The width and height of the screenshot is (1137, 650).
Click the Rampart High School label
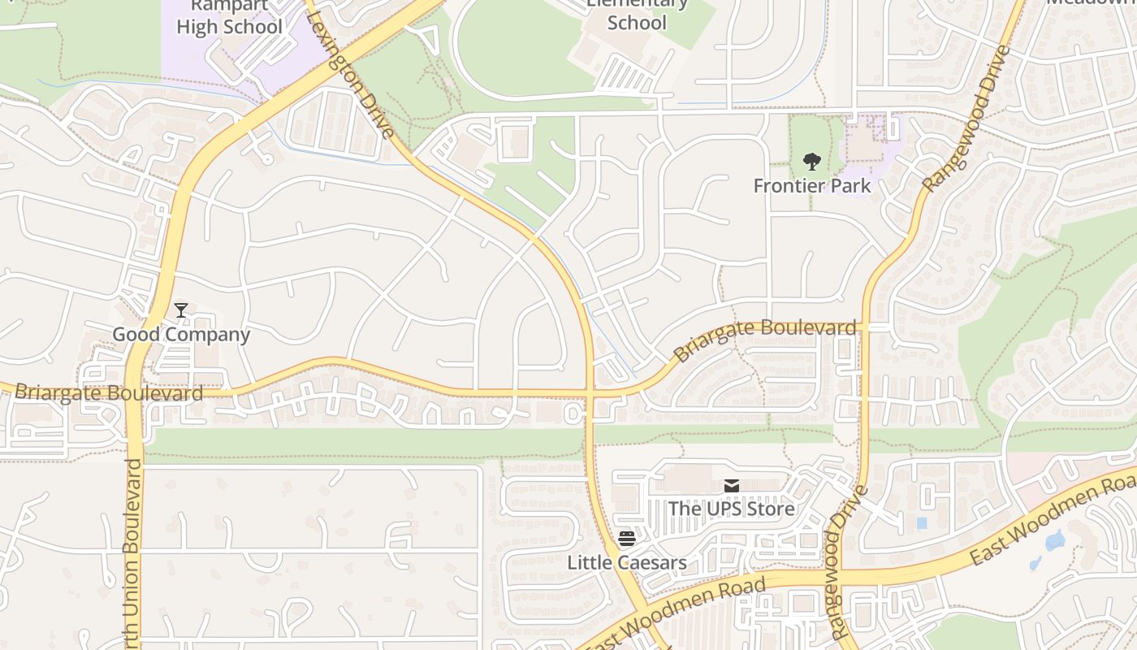pyautogui.click(x=229, y=18)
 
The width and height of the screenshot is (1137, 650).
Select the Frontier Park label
pyautogui.click(x=811, y=185)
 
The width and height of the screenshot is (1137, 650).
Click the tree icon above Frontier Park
pyautogui.click(x=811, y=161)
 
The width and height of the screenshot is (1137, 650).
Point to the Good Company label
pyautogui.click(x=181, y=334)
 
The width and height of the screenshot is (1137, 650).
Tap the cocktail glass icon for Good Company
pyautogui.click(x=181, y=310)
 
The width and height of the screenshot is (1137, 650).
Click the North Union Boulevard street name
pyautogui.click(x=133, y=552)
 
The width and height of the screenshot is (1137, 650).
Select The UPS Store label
pyautogui.click(x=731, y=509)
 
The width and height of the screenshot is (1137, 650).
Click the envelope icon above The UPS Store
pyautogui.click(x=732, y=486)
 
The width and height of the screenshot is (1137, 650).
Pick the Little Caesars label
pyautogui.click(x=626, y=562)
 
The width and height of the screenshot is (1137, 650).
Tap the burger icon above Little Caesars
pyautogui.click(x=626, y=539)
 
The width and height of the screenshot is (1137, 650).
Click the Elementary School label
pyautogui.click(x=637, y=16)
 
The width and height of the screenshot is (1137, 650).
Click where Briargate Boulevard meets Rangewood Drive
pyautogui.click(x=864, y=327)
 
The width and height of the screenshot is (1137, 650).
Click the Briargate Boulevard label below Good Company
pyautogui.click(x=109, y=393)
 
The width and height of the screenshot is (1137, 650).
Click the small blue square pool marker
pyautogui.click(x=922, y=523)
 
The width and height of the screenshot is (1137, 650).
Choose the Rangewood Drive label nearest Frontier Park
pyautogui.click(x=966, y=120)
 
